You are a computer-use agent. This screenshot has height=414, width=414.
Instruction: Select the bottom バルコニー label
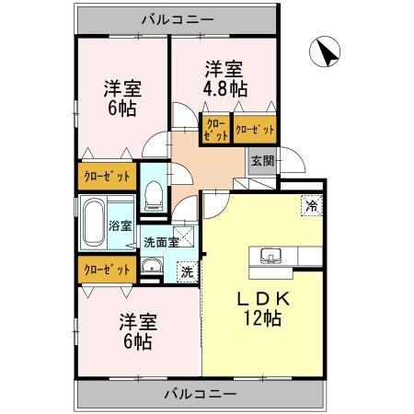tap(201, 393)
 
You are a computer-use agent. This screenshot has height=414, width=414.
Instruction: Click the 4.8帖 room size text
tap(225, 89)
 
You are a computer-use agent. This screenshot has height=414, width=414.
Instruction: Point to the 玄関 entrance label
tap(261, 160)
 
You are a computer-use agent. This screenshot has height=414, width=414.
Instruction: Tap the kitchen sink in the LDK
tap(270, 255)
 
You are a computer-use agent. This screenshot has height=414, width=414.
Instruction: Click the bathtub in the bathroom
tap(93, 223)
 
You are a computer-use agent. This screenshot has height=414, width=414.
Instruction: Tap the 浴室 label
tap(121, 225)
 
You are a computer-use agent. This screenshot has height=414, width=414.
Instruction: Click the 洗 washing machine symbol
tap(187, 270)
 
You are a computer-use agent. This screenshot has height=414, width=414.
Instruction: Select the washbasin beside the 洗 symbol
tap(153, 269)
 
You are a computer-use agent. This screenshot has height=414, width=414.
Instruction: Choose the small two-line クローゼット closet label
tap(215, 128)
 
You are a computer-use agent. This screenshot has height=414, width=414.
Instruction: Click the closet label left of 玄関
tap(255, 130)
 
